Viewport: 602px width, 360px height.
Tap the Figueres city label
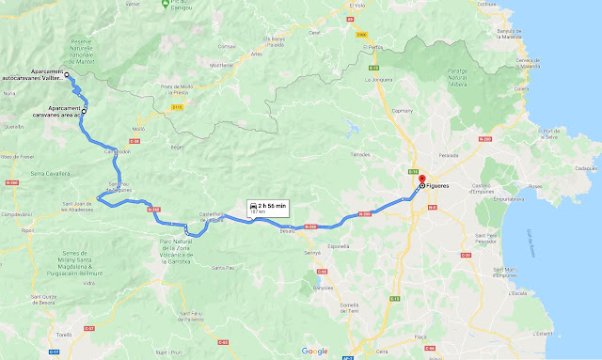click(439, 186)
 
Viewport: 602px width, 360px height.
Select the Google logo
click(315, 351)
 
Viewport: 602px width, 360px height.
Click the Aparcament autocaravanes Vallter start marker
click(67, 74)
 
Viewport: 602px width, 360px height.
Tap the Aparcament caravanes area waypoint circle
click(84, 111)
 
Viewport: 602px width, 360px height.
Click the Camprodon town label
click(116, 150)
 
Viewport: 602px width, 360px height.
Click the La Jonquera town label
click(378, 80)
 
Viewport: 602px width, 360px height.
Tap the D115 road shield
click(176, 108)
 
